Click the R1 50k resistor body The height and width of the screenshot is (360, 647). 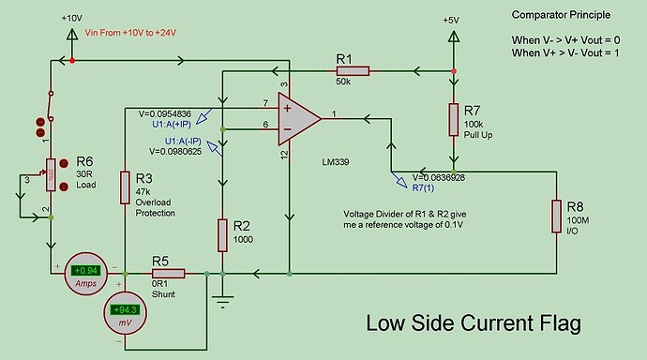pos(355,70)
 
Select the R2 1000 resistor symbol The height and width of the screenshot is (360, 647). pos(221,234)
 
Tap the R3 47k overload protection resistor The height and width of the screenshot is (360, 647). pos(125,187)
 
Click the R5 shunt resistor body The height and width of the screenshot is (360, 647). pos(169,274)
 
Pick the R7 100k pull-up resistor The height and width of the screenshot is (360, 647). pos(455,119)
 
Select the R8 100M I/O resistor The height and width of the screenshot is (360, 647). pos(555,215)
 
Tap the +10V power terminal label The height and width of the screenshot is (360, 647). pos(72,18)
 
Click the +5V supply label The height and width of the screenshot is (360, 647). pos(452,20)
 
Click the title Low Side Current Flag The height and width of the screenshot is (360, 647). pos(473,323)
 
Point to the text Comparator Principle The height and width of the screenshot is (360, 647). pos(560,15)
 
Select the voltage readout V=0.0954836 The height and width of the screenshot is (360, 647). pos(165,112)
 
